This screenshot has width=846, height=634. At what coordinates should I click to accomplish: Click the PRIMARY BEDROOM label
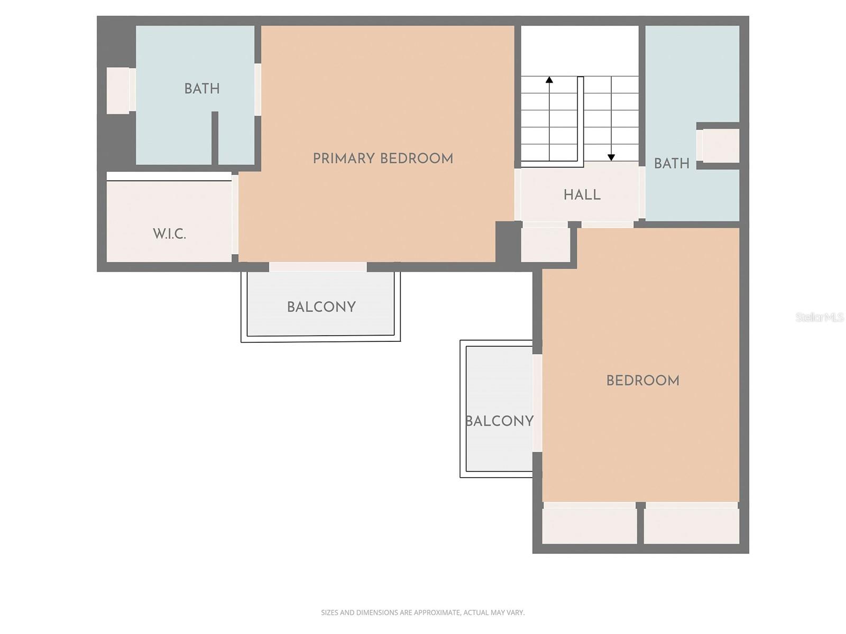click(383, 158)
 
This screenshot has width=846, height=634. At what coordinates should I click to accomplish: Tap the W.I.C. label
click(169, 234)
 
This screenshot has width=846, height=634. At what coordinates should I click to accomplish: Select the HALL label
click(582, 195)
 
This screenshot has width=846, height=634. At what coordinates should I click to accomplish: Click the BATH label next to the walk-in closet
click(202, 89)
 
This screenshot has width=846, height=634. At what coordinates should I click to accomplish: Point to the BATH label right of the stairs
click(672, 164)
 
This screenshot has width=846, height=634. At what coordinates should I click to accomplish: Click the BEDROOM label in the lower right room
click(642, 380)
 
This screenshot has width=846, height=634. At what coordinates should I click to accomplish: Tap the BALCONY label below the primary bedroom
click(321, 307)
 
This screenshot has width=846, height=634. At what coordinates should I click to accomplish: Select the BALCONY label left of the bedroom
click(500, 421)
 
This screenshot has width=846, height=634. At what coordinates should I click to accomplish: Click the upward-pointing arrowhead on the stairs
click(549, 80)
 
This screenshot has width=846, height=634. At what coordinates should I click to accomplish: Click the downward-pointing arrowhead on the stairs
click(611, 157)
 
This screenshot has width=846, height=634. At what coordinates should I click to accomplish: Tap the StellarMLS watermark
click(819, 317)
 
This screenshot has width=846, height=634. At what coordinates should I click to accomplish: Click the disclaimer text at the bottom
click(422, 612)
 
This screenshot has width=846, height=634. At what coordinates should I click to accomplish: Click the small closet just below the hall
click(545, 244)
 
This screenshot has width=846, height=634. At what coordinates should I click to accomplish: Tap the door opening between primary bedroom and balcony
click(318, 267)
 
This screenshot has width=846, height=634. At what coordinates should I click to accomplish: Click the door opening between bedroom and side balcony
click(537, 403)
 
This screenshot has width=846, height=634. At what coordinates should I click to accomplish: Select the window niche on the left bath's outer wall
click(118, 90)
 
